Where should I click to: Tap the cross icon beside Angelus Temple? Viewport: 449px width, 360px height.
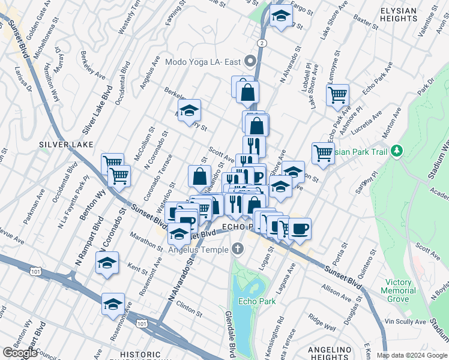238,249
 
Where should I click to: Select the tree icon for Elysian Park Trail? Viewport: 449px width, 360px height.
396,150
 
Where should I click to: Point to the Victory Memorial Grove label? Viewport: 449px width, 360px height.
399,290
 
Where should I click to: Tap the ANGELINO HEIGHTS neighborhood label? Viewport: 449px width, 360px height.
329,353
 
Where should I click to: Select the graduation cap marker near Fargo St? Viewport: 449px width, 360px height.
280,16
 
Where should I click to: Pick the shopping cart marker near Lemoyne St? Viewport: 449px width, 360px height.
337,95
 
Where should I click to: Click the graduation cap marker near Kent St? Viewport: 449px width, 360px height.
107,264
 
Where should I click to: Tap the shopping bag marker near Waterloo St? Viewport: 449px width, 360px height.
199,176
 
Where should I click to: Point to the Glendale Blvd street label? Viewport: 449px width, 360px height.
229,332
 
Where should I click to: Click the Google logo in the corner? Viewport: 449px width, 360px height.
20,353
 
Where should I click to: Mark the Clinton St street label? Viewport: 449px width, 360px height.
189,310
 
